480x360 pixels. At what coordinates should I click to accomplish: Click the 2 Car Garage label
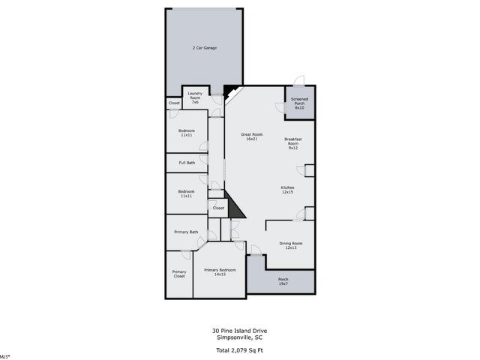point(204,48)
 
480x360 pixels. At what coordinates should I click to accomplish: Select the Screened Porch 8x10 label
point(299,103)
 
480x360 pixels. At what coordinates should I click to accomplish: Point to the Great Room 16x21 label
point(251,136)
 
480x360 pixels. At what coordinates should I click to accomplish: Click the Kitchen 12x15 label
point(287,190)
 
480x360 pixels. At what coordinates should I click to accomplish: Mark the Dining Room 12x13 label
point(290,245)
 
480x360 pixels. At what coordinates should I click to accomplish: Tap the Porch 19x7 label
point(283,281)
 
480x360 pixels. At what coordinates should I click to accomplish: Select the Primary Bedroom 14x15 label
point(220,272)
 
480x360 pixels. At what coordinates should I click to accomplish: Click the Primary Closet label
point(178,274)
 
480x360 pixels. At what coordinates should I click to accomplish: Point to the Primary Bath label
point(186,232)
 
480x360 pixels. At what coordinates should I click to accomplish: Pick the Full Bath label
point(187,163)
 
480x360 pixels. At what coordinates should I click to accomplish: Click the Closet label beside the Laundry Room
point(174,103)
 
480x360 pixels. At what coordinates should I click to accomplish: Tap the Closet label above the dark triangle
point(218,208)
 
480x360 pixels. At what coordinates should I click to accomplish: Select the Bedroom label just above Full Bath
point(186,133)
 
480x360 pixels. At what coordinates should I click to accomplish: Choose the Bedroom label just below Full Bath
point(186,193)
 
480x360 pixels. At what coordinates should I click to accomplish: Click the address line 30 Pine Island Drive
point(239,330)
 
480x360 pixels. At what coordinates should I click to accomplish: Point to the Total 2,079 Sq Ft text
point(239,350)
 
